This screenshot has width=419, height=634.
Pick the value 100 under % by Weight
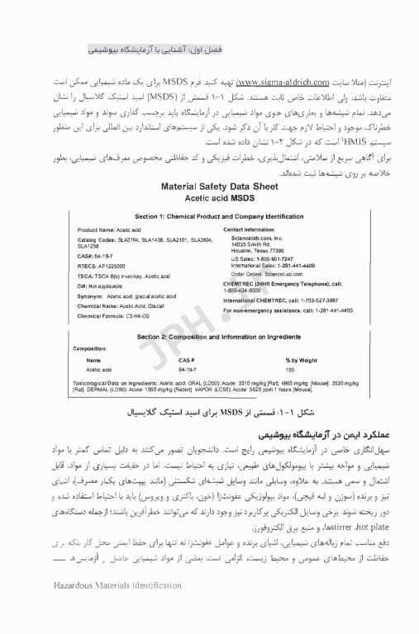(289, 370)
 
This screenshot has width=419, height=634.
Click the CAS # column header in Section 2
(186, 360)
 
